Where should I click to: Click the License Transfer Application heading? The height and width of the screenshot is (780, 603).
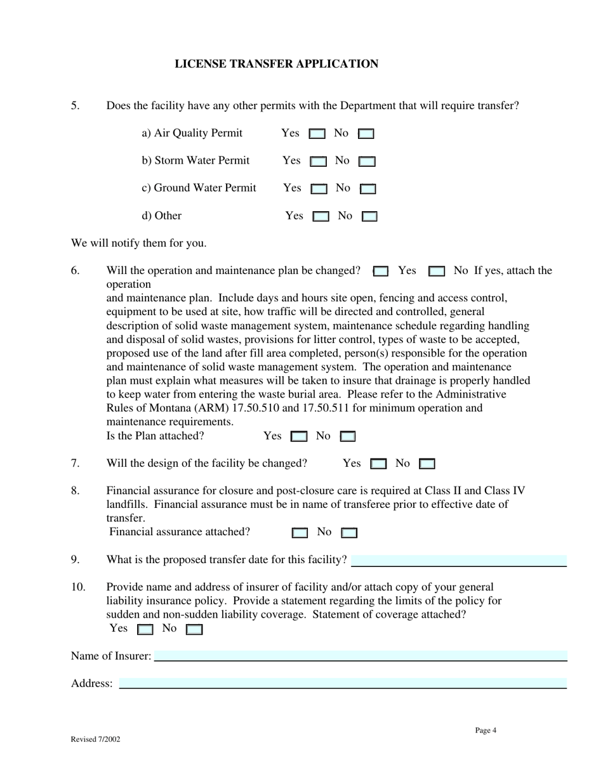276,64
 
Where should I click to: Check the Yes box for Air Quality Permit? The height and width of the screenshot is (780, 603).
317,134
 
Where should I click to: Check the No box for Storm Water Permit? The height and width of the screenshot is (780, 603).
367,162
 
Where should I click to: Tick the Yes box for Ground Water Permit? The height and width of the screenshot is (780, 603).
319,189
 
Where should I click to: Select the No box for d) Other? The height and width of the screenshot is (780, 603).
369,217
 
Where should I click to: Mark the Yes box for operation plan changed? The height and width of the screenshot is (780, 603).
380,271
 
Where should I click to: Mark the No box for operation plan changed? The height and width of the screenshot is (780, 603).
436,271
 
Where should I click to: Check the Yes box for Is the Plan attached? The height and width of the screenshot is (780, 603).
298,437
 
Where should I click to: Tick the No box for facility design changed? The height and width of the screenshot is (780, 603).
427,464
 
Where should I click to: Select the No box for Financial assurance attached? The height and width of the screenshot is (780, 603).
349,533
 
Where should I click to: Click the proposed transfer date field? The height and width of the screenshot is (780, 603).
458,561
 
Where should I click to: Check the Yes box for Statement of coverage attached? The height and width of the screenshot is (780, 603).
145,630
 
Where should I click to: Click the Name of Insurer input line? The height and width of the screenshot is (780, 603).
361,656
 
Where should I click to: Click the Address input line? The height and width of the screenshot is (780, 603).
343,683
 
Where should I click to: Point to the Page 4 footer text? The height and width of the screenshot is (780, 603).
486,731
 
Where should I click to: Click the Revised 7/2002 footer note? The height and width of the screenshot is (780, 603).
95,739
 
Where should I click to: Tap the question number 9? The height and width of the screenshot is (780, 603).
76,559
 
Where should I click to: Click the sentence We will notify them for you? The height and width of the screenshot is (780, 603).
138,244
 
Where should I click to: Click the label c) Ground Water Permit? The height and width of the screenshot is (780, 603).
199,188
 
